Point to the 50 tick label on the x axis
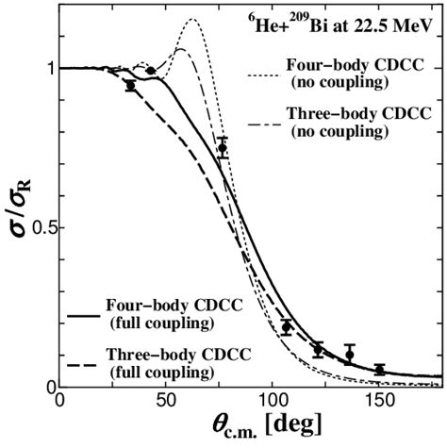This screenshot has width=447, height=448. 166,401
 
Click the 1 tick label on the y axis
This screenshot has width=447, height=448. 50,68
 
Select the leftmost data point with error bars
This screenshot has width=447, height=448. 130,85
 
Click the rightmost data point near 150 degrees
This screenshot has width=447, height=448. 380,370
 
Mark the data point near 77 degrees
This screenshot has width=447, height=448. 223,148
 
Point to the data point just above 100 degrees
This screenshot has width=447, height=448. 287,327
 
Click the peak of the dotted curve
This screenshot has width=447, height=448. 193,20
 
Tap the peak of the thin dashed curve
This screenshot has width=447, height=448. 183,49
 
